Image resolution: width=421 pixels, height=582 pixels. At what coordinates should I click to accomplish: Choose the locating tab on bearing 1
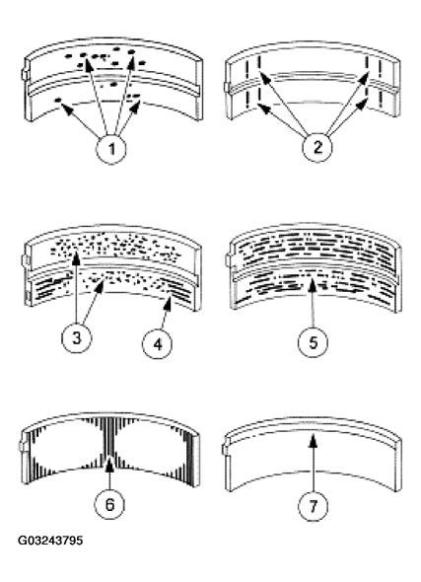click(23, 73)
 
